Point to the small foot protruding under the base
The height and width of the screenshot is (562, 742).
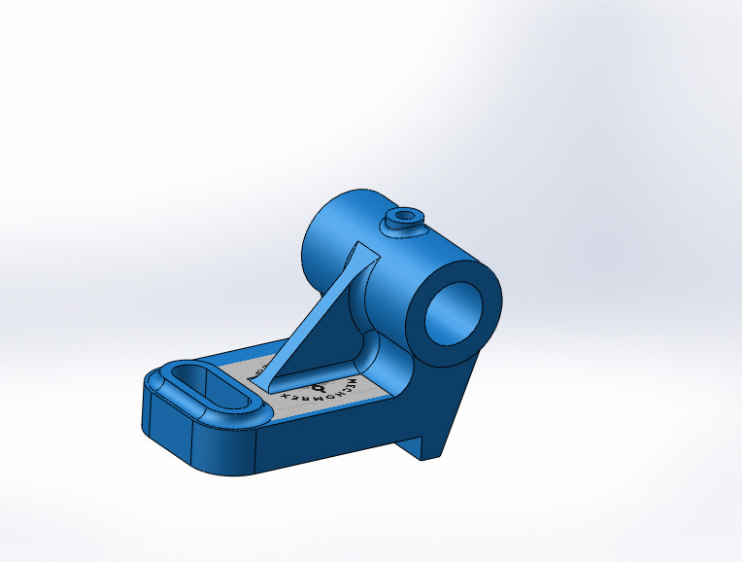tap(427, 442)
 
